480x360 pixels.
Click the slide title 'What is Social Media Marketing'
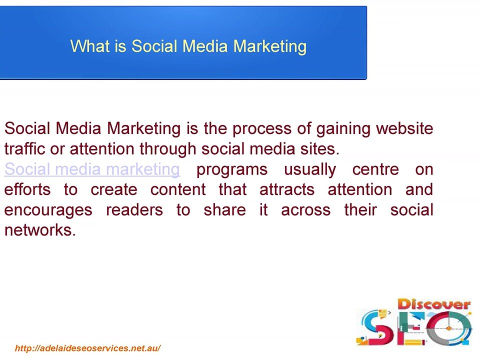tap(188, 46)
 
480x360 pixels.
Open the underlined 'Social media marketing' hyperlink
tap(92, 169)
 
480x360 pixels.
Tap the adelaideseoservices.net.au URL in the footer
tap(87, 348)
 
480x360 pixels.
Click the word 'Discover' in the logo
tap(433, 304)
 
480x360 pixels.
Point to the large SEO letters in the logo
tap(415, 328)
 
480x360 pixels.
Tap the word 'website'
tap(404, 129)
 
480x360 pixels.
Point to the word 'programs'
tap(232, 170)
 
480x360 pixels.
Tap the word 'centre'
tap(375, 169)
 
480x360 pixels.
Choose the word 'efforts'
tap(27, 190)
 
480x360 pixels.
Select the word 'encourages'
tap(48, 210)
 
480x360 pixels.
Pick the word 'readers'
tap(134, 210)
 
